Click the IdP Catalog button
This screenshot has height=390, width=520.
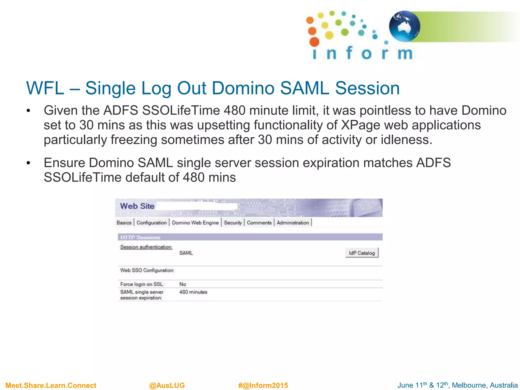tap(362, 253)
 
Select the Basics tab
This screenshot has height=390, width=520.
tap(124, 223)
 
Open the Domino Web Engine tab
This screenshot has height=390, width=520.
tap(195, 223)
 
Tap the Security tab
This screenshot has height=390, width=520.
tap(233, 223)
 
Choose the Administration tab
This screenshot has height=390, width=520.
tap(292, 223)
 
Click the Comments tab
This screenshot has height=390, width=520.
tap(259, 223)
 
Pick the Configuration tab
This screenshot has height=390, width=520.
tap(151, 223)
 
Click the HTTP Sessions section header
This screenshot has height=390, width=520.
tap(140, 237)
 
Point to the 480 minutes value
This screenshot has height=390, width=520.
tap(193, 292)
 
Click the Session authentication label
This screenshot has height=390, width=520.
tap(146, 247)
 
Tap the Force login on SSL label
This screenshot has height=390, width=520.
tap(142, 284)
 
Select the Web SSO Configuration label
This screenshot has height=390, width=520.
tap(147, 270)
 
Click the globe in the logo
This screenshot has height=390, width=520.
tap(404, 26)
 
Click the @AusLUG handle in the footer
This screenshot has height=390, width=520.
tap(167, 385)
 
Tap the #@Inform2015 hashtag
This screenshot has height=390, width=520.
tap(263, 385)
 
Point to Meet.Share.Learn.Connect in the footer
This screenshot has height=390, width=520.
tap(51, 385)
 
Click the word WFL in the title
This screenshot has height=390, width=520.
tap(45, 88)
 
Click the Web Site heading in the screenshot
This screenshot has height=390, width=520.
tap(137, 206)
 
